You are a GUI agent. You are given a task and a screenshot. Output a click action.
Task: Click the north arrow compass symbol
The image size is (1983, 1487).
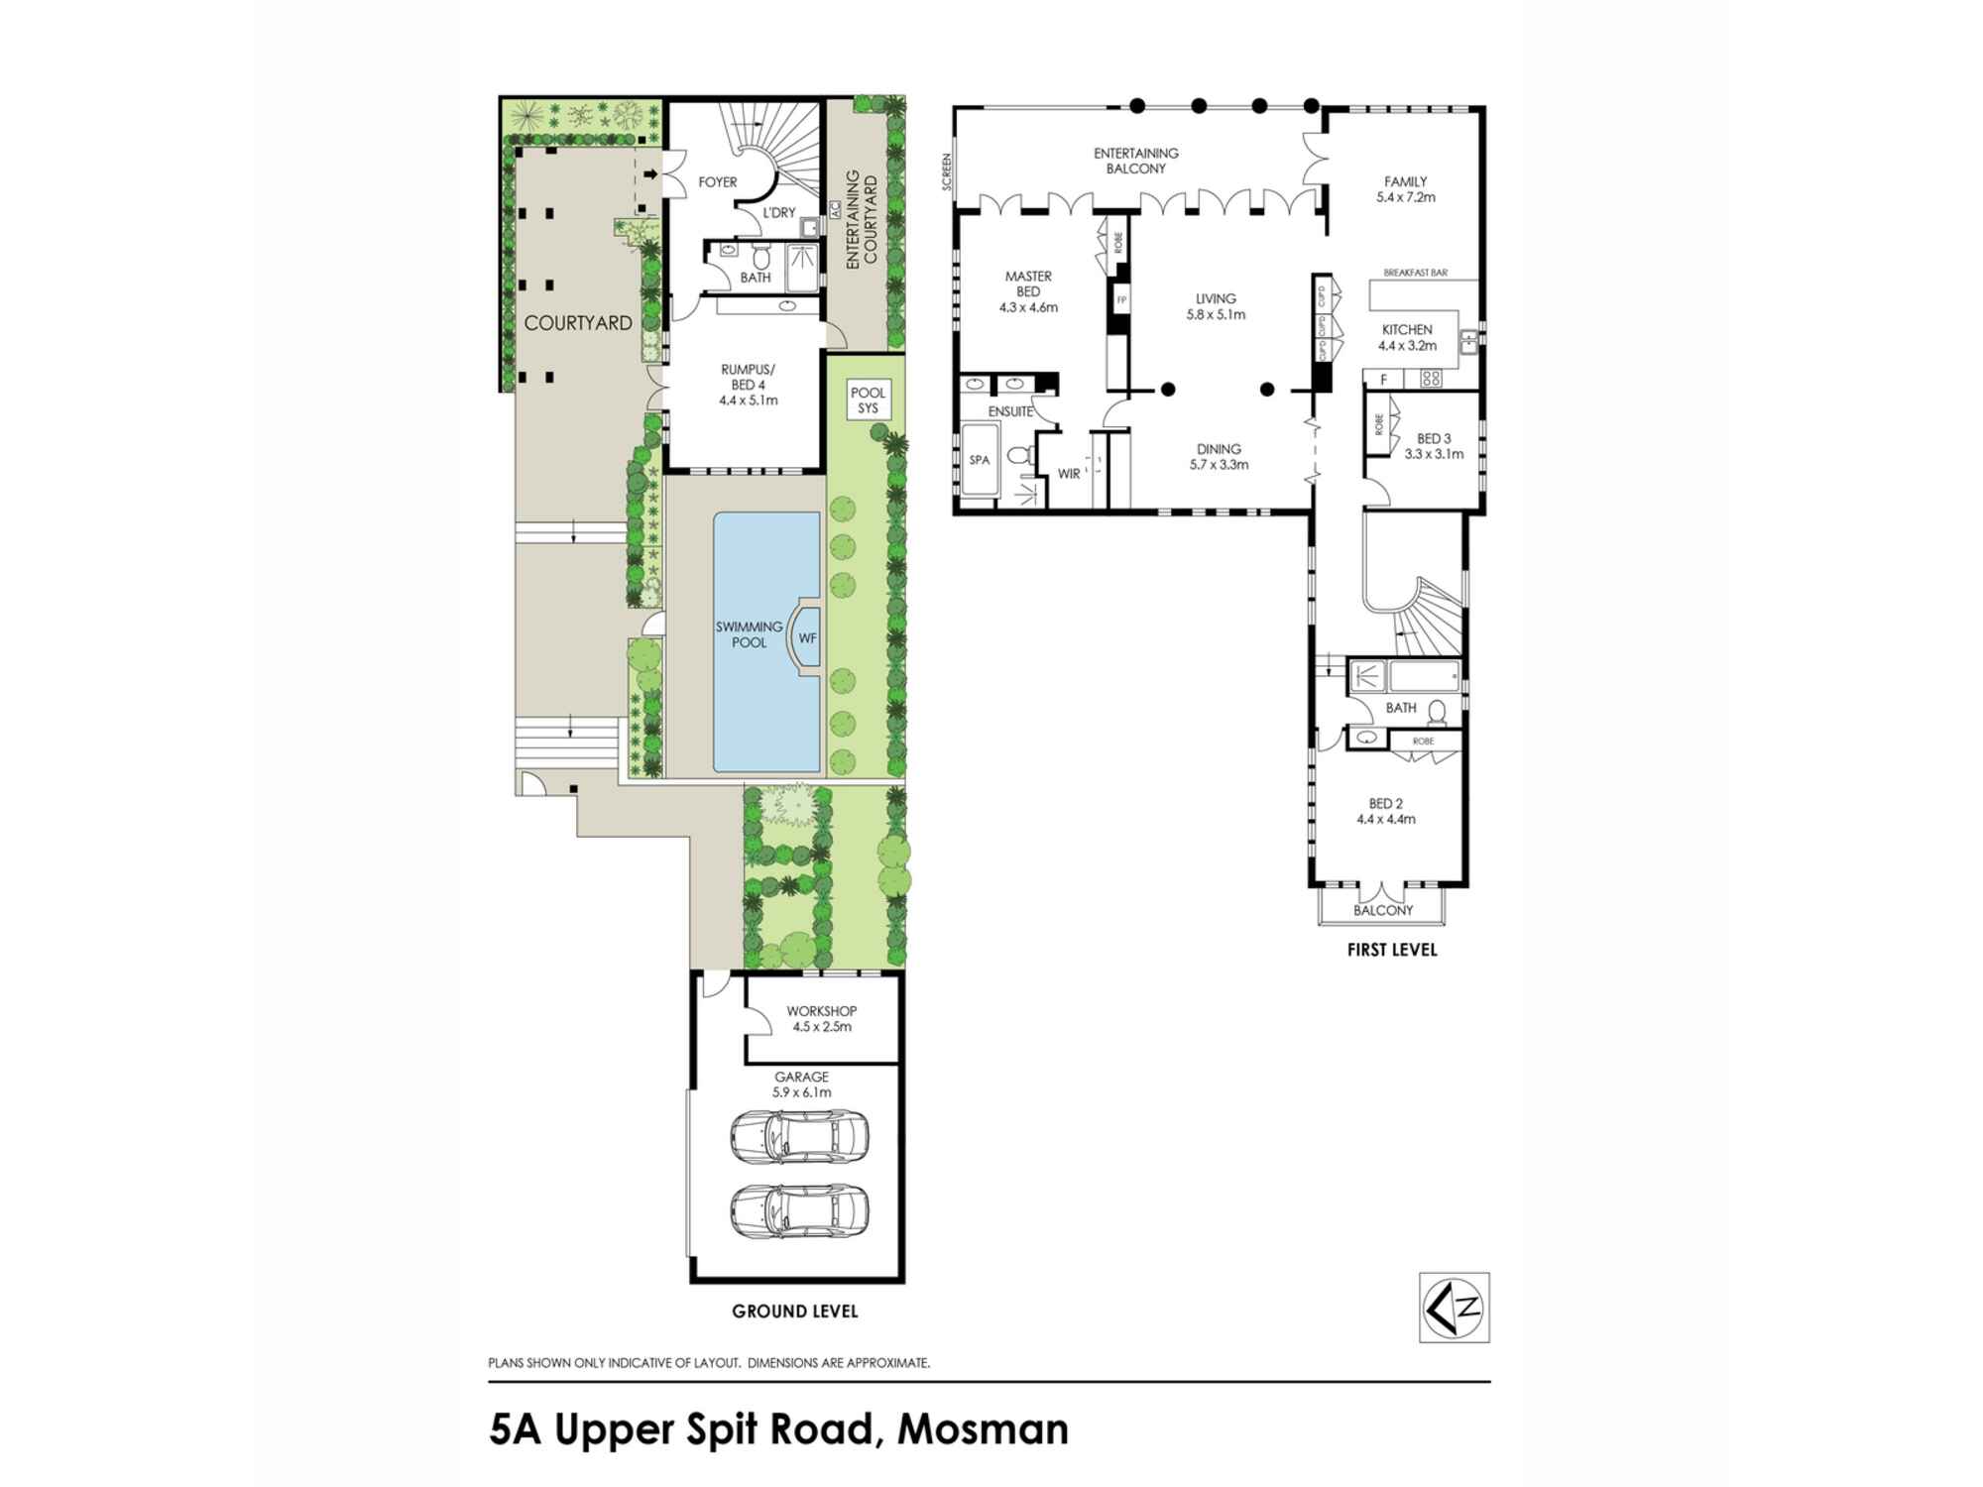[1455, 1307]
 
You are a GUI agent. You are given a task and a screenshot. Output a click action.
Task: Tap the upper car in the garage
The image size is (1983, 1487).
[799, 1136]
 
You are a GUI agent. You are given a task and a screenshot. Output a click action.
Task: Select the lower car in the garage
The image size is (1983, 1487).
[799, 1210]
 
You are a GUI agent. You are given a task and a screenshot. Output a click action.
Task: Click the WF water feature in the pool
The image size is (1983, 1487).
[807, 637]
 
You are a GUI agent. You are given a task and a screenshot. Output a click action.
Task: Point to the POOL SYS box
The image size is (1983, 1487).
[868, 400]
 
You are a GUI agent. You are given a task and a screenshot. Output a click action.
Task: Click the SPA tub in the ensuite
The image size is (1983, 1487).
[980, 460]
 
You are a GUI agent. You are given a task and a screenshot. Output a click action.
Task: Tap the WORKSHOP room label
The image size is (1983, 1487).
[822, 1011]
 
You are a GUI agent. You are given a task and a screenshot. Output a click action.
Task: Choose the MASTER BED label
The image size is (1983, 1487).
[1028, 284]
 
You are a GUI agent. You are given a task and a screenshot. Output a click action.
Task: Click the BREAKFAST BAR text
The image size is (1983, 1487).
[1415, 273]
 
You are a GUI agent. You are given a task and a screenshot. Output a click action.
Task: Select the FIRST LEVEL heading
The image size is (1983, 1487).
[1392, 950]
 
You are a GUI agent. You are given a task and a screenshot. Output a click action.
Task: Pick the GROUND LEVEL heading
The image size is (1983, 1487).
[795, 1311]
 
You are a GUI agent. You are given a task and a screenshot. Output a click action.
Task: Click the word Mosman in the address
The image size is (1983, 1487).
[983, 1430]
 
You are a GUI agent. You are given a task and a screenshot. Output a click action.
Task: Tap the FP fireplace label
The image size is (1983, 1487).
[1121, 299]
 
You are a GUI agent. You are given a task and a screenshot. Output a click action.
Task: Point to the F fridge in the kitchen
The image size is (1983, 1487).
[1383, 380]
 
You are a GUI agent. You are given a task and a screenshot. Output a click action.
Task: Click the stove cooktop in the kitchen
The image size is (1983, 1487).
[1431, 378]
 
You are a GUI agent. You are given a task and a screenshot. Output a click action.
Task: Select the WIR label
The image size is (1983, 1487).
[1069, 474]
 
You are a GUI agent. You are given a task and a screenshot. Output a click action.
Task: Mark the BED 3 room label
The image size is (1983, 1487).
[1434, 438]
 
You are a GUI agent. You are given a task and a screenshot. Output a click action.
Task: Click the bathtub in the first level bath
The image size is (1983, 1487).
[1425, 677]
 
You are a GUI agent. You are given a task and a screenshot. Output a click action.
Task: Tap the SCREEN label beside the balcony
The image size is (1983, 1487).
[948, 172]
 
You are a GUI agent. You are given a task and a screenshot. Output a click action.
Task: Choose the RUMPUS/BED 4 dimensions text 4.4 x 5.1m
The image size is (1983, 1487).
[749, 400]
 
